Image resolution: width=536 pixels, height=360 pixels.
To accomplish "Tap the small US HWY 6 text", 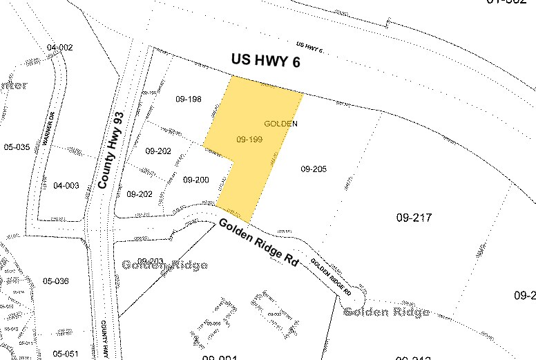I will pyautogui.click(x=309, y=46).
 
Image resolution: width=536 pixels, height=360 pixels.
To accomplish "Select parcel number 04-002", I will pyautogui.click(x=60, y=47).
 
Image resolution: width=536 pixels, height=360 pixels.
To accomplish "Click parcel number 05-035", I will pyautogui.click(x=17, y=147).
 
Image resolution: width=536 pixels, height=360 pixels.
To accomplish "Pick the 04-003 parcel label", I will pyautogui.click(x=66, y=186).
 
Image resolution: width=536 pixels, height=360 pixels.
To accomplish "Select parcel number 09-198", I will pyautogui.click(x=188, y=100).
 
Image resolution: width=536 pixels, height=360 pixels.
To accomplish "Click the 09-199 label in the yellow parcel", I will pyautogui.click(x=249, y=139).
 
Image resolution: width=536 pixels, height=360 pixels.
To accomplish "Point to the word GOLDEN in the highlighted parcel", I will pyautogui.click(x=280, y=124).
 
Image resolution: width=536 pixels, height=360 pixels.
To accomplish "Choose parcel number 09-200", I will pyautogui.click(x=196, y=180).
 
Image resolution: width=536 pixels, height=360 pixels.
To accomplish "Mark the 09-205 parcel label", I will pyautogui.click(x=314, y=169).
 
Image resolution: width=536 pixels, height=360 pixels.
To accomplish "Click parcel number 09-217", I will pyautogui.click(x=414, y=218).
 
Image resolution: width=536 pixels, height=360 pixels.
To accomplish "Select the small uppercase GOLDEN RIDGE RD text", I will pyautogui.click(x=330, y=277).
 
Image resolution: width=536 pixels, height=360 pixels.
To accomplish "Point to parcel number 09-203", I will pyautogui.click(x=153, y=260).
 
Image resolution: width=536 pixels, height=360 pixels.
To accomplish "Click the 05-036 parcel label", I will pyautogui.click(x=56, y=281).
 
